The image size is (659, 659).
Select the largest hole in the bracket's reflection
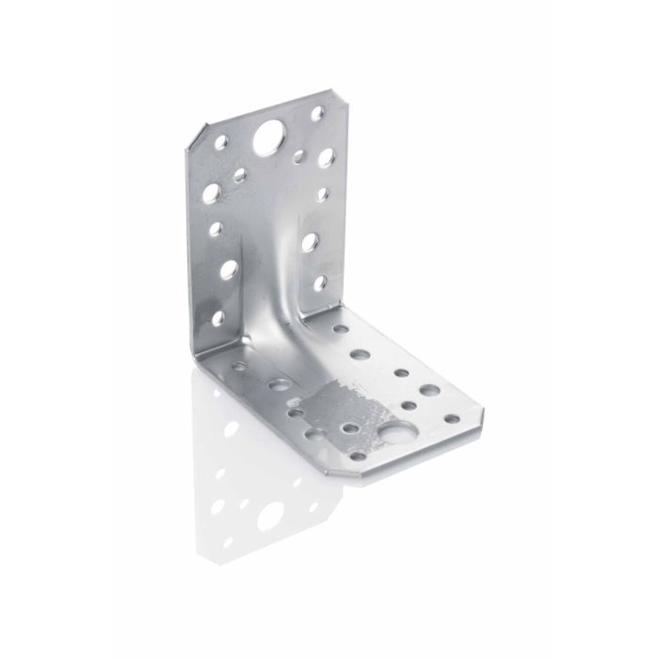(x=270, y=514)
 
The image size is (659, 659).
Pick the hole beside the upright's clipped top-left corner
(x=221, y=143)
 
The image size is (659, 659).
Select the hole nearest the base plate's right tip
(x=452, y=418)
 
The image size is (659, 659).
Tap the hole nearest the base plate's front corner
(x=358, y=457)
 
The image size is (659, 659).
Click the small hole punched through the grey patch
(x=349, y=428)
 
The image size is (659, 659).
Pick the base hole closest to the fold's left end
(x=239, y=366)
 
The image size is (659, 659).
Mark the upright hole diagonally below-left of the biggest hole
(x=239, y=174)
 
